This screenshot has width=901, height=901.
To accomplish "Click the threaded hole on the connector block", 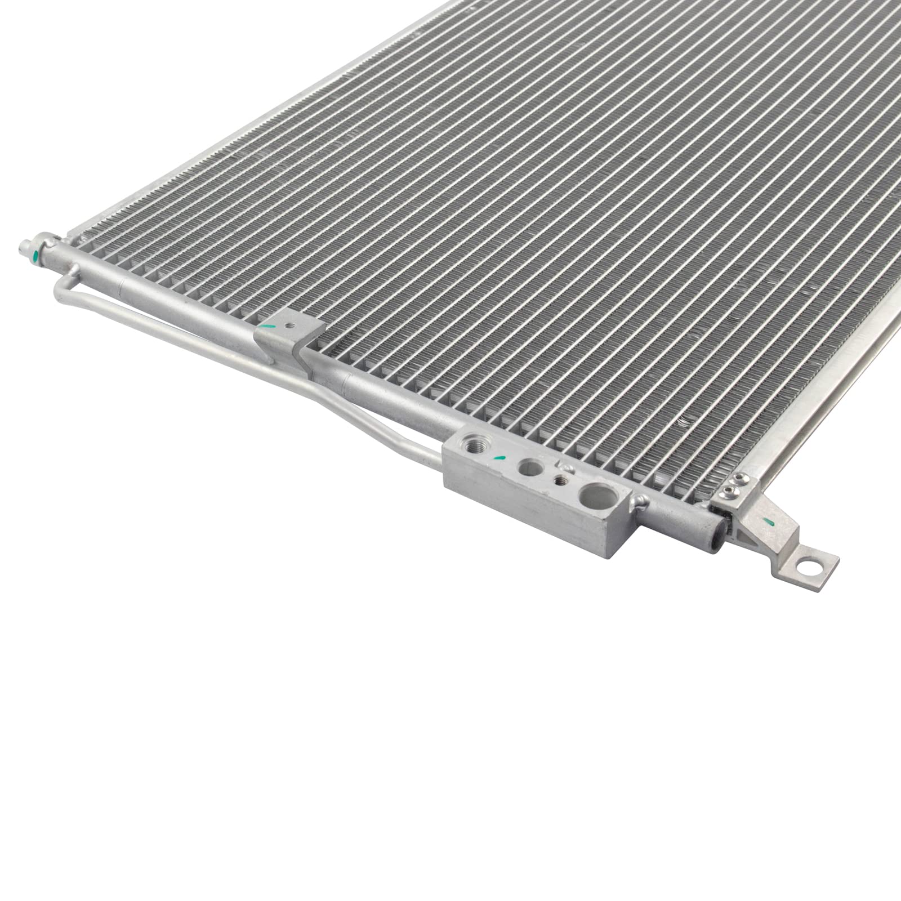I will pos(474,447).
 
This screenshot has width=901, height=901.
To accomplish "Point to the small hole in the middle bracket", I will pos(289,326).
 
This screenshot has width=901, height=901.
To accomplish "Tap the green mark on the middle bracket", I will pos(268,326).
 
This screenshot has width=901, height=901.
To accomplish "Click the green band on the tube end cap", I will pos(35,256).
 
